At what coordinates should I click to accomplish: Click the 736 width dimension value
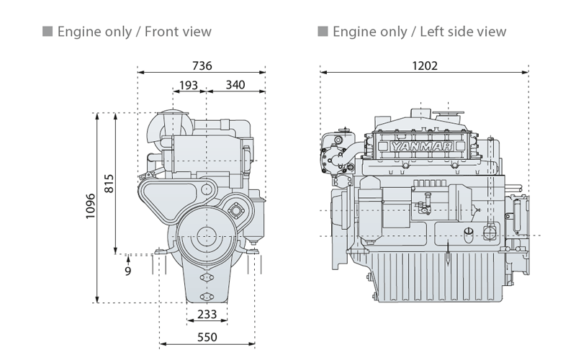point(202,66)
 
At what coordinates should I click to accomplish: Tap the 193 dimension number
point(189,85)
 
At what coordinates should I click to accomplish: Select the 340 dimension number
point(235,85)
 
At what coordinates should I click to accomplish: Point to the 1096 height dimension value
point(90,207)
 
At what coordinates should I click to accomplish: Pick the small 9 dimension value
point(127,271)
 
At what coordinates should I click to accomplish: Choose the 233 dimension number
point(207,314)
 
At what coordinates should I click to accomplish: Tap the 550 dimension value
point(207,337)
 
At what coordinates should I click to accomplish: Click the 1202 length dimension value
point(425,66)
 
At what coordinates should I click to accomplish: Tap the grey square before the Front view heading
point(48,32)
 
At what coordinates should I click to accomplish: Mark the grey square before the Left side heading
point(323,32)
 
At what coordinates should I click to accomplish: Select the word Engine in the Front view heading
point(78,32)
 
